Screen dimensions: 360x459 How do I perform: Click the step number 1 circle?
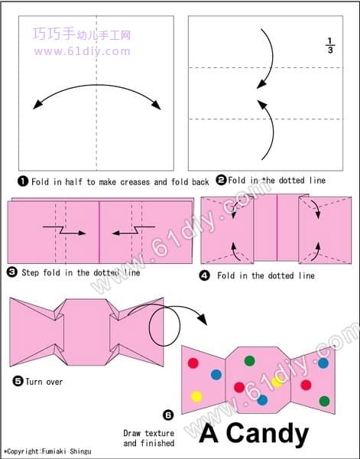coord(22,181)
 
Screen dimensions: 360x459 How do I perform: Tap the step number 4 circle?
coord(204,275)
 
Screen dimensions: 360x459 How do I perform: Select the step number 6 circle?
coord(168,415)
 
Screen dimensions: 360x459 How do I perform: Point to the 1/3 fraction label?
coord(330,45)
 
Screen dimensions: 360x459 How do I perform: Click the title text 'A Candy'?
coord(254,434)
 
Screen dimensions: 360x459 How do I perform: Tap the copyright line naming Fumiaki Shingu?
coord(47,451)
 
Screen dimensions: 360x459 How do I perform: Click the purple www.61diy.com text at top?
coord(83,51)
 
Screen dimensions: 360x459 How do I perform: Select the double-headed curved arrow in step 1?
coord(96,85)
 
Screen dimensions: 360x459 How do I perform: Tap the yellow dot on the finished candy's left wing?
coord(196,396)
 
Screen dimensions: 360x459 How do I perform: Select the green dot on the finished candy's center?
coord(249,360)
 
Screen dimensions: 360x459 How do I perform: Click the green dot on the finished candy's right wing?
coord(324,401)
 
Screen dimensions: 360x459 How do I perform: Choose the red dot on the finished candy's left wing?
coord(193,363)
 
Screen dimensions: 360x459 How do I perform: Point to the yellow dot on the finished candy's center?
coord(277,382)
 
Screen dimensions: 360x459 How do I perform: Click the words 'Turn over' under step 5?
coord(44,382)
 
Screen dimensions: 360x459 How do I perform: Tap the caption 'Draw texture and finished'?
coord(149,438)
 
